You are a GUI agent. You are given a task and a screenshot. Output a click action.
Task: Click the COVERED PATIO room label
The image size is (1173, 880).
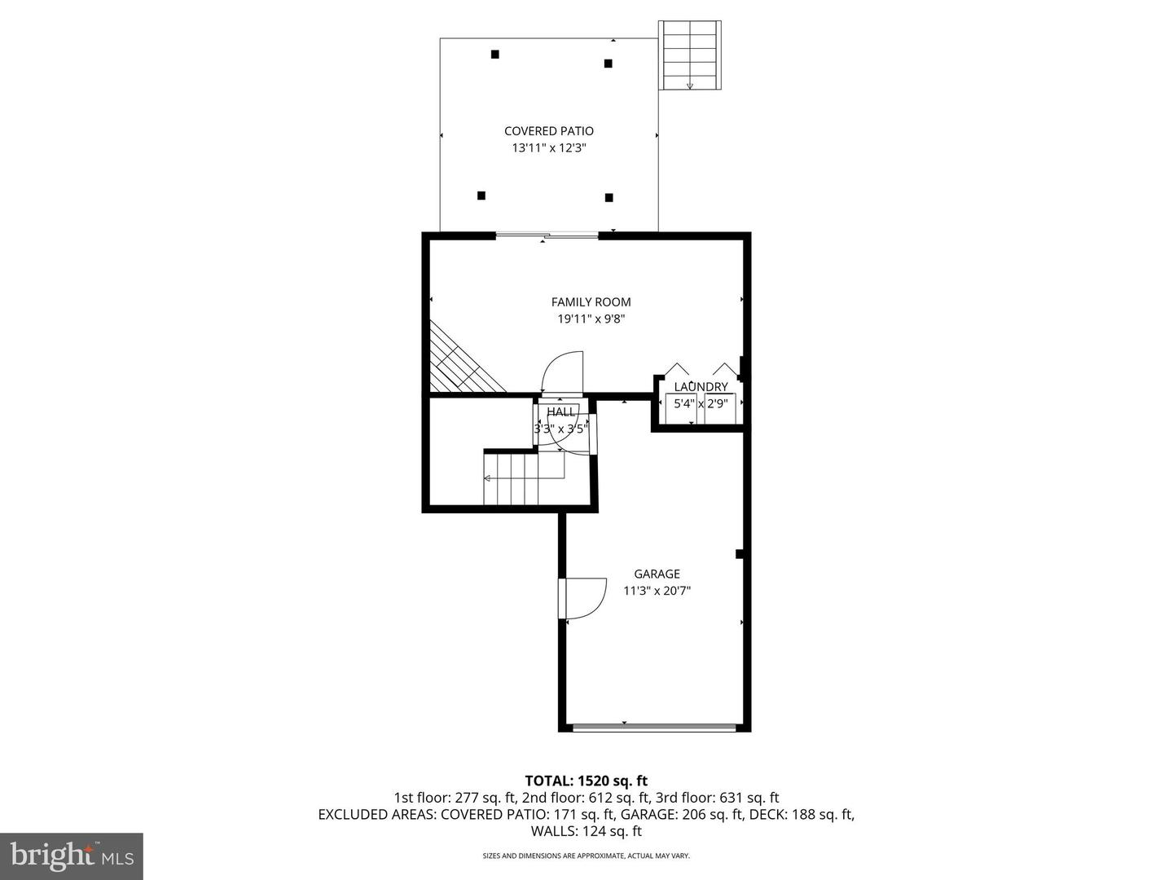coord(548,131)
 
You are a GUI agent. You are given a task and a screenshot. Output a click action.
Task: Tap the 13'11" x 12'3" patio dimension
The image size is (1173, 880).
coord(548,148)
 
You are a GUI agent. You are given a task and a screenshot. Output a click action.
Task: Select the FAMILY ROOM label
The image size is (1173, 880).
coord(591,302)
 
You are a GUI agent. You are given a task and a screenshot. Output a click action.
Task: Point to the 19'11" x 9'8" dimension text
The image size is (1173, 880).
coord(591,319)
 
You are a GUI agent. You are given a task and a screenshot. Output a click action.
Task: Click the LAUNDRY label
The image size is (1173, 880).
coord(701,387)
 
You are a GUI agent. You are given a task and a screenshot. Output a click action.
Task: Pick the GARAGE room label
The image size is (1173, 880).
coord(657,574)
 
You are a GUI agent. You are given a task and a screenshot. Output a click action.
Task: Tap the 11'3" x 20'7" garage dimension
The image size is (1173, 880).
coord(657,592)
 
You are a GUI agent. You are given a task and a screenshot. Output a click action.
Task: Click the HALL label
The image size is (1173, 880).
coord(560,412)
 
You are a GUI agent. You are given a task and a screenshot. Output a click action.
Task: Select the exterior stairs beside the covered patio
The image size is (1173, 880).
coord(690,55)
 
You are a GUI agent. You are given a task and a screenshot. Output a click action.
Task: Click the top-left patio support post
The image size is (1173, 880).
coord(495,55)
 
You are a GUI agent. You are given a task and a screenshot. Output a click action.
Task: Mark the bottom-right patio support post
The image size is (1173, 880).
coord(608,197)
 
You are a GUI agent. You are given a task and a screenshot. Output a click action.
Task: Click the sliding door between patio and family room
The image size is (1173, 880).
coord(547,236)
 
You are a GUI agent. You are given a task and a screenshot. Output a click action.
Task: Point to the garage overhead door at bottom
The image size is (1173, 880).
coord(656,727)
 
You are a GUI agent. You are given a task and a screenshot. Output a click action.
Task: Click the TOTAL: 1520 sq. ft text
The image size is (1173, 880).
coord(586,781)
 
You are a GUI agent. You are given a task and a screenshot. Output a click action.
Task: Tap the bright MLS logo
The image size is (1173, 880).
coord(71,856)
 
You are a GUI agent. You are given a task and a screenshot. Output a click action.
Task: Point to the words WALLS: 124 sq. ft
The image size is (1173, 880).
coord(586,832)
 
